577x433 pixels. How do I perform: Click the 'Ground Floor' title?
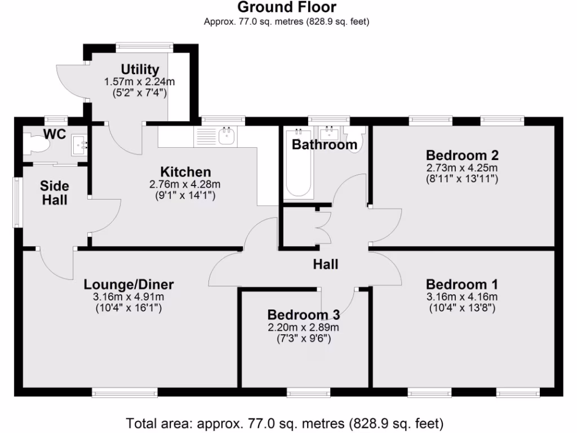[x=287, y=7]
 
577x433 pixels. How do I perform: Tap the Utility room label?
[x=140, y=69]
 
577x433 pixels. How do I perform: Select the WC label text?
[x=55, y=134]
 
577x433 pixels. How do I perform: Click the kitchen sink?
[x=227, y=135]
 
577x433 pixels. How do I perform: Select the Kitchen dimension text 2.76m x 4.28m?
[x=185, y=184]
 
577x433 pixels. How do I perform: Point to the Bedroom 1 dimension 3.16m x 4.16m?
[x=462, y=297]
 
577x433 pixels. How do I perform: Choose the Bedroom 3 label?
[x=303, y=315]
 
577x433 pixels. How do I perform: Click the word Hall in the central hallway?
[x=326, y=264]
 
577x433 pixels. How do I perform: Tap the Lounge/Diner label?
[x=129, y=284]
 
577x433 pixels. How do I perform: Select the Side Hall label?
[x=55, y=193]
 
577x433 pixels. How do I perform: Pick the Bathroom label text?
[x=324, y=145]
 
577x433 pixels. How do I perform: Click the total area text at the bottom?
[x=285, y=423]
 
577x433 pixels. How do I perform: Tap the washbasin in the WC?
[x=78, y=146]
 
